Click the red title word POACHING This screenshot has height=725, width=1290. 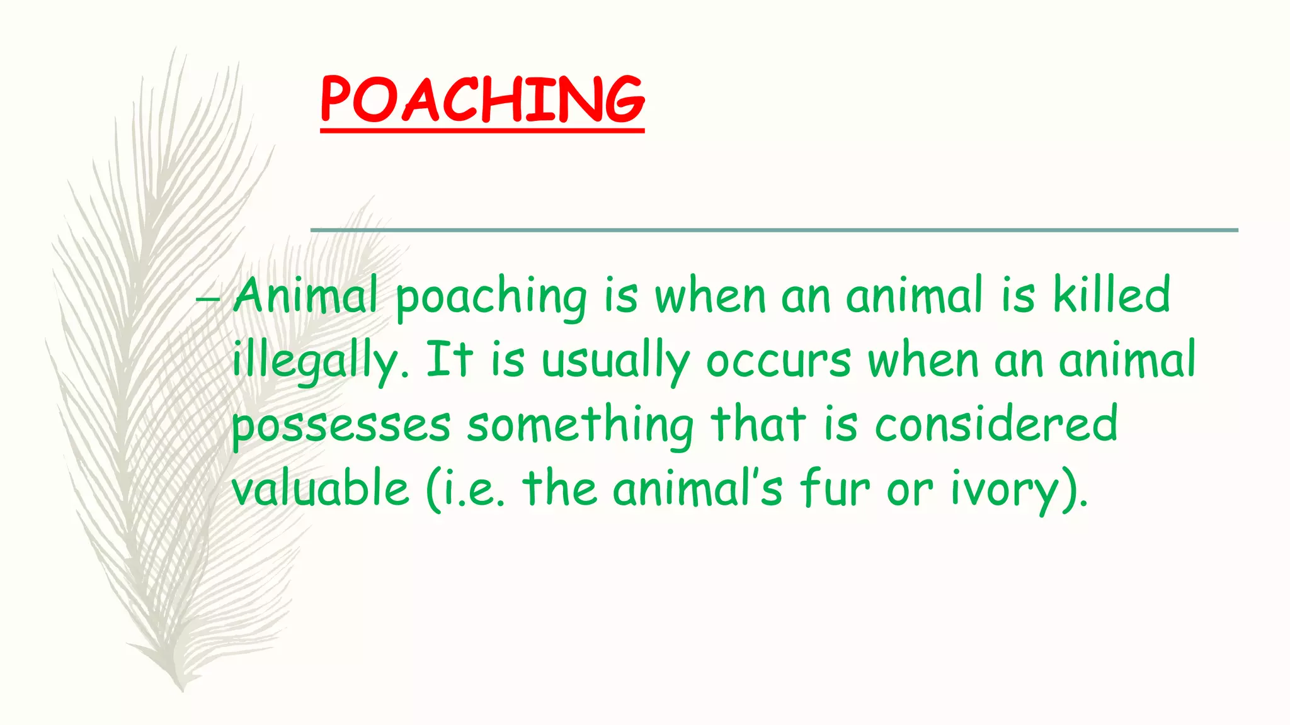482,99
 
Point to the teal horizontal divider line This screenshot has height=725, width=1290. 774,230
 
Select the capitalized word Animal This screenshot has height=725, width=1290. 305,296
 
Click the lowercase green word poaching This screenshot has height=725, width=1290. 491,298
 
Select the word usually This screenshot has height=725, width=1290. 615,362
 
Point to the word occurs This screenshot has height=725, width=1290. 779,362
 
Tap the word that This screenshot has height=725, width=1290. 758,423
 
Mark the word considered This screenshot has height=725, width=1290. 996,423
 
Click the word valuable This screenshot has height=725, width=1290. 321,488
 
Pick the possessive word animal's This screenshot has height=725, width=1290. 697,488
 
